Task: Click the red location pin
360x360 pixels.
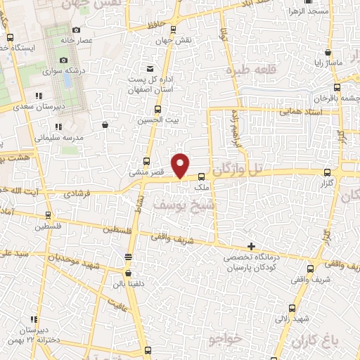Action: tap(181, 165)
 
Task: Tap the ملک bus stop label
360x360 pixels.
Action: tap(202, 188)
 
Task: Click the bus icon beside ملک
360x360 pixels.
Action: tap(202, 176)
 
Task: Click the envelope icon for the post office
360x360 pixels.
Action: tap(150, 68)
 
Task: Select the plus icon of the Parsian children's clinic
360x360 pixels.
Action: tap(251, 246)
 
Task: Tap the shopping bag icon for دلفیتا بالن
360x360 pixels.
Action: tap(128, 274)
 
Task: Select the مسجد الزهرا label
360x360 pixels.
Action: tap(307, 13)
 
